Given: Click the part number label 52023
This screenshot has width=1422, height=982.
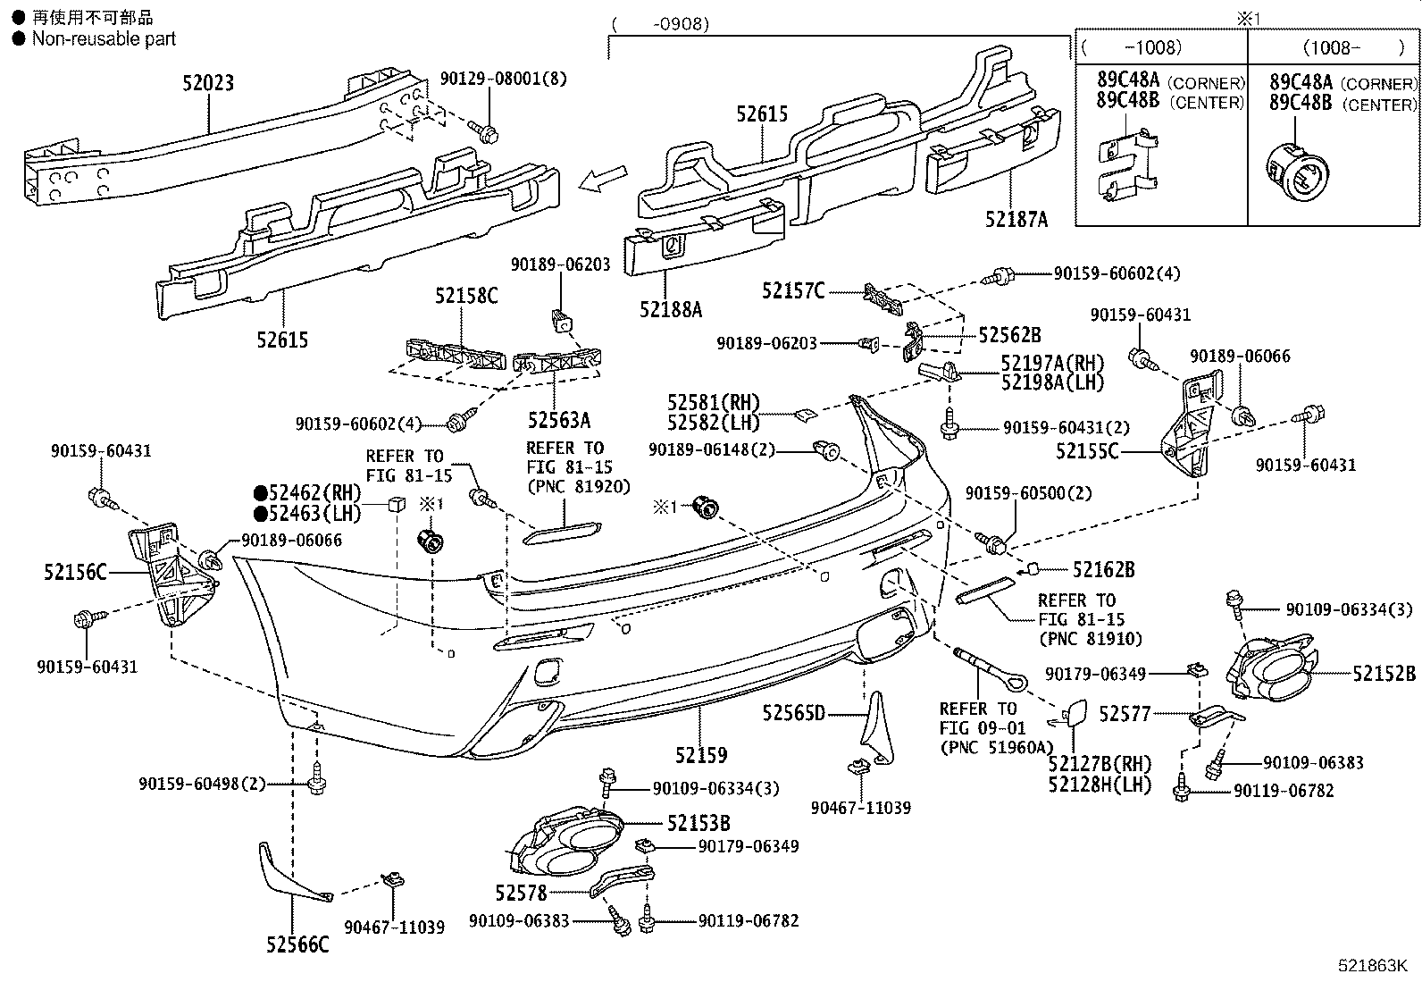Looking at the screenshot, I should (208, 83).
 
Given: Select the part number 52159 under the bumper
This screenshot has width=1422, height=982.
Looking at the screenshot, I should (701, 755).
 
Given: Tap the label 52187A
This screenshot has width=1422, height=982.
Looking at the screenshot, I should (1016, 219).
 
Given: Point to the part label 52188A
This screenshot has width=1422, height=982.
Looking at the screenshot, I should (671, 309).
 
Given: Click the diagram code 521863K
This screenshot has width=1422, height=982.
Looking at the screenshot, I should (1372, 966).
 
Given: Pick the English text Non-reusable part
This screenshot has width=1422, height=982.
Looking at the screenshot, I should (104, 38).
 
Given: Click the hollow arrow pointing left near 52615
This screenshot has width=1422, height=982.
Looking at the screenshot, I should (600, 180).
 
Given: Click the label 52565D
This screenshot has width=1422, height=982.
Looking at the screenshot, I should (793, 712).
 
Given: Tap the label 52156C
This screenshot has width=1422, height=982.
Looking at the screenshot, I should (76, 571).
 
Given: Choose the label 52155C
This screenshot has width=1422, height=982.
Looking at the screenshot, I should (1087, 452).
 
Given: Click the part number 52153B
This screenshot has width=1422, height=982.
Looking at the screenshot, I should (698, 824).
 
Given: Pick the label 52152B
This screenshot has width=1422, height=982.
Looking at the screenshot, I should (1384, 674).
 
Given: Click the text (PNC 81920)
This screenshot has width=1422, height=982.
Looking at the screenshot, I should (578, 487).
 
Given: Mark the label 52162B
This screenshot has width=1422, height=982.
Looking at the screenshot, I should (1103, 569).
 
